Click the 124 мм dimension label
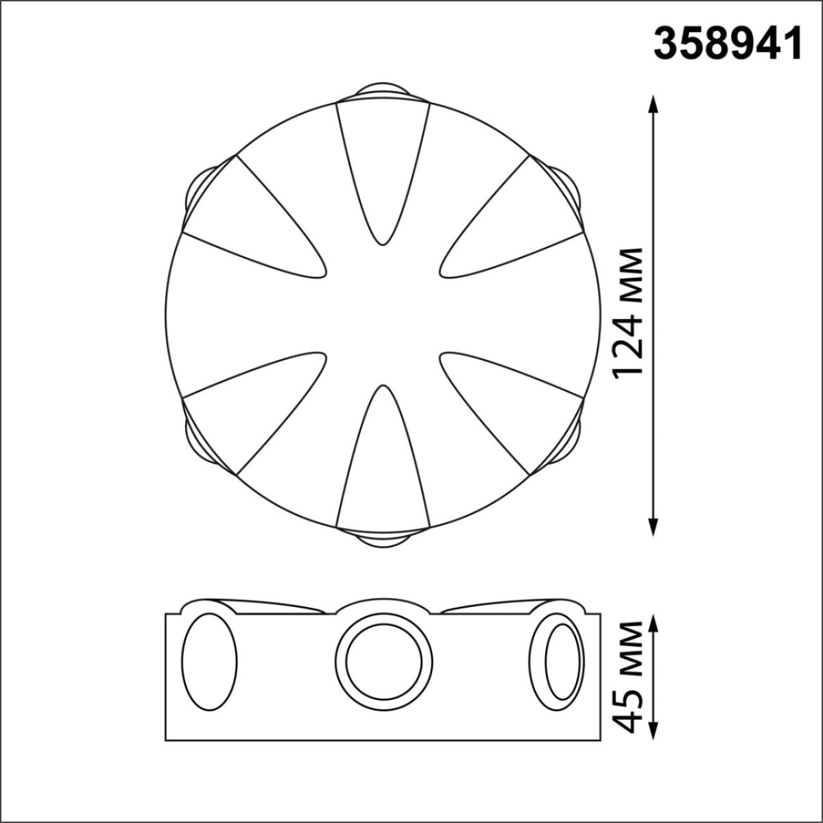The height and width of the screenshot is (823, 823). [x=628, y=312]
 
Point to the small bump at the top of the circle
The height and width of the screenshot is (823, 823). [x=383, y=91]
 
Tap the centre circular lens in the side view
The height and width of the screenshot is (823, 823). [x=384, y=662]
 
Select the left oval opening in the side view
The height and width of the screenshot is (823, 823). [x=209, y=662]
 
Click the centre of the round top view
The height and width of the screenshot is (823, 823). [x=383, y=315]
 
